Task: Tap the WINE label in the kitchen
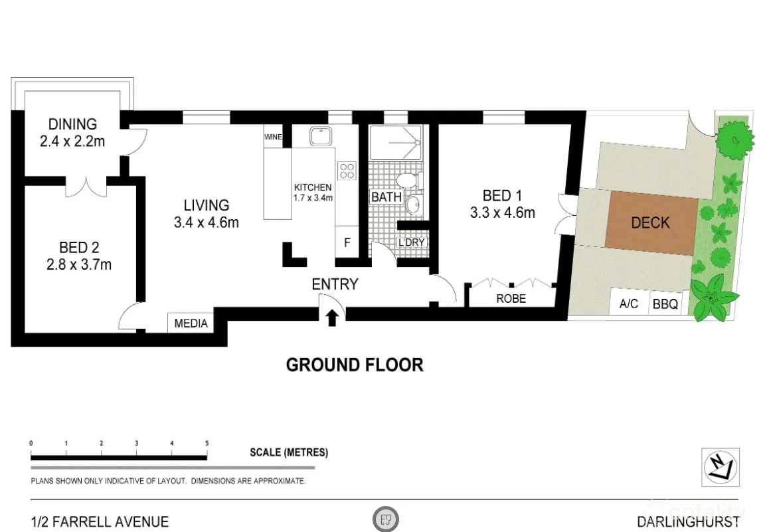tap(273, 137)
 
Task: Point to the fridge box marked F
tap(347, 243)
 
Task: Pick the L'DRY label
tap(410, 242)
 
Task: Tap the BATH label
tap(386, 197)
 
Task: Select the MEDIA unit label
tap(191, 323)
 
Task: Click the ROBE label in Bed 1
tap(511, 299)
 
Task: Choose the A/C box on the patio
tap(628, 304)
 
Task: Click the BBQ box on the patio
tap(665, 304)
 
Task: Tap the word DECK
tap(650, 222)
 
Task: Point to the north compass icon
tap(721, 468)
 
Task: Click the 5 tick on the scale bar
tap(207, 443)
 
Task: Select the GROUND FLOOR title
tap(354, 365)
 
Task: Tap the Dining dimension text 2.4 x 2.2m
tap(72, 141)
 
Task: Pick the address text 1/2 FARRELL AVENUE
tap(100, 521)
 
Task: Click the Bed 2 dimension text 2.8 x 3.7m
tap(78, 265)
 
